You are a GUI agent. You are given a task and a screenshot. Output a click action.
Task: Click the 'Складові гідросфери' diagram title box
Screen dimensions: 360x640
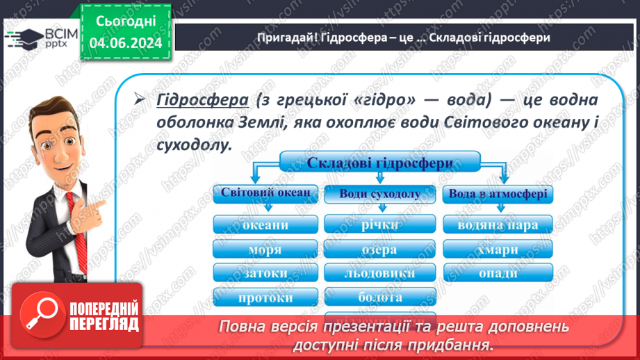(x=379, y=163)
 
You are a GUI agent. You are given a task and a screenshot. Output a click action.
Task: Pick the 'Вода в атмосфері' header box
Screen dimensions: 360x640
(x=498, y=194)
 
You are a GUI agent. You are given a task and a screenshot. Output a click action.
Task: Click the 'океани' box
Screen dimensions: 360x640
(x=265, y=224)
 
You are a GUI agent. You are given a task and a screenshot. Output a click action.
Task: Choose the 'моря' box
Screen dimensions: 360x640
(x=265, y=249)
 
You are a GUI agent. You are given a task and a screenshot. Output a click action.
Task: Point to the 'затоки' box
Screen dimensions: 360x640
(x=265, y=273)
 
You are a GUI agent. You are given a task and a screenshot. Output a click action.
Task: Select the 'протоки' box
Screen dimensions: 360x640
(x=265, y=297)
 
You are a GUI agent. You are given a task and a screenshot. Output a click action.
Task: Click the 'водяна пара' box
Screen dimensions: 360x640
(x=498, y=224)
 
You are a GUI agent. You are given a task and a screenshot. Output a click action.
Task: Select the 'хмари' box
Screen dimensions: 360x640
(x=498, y=249)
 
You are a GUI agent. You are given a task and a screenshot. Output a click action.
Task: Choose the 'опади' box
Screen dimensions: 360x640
(x=498, y=273)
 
